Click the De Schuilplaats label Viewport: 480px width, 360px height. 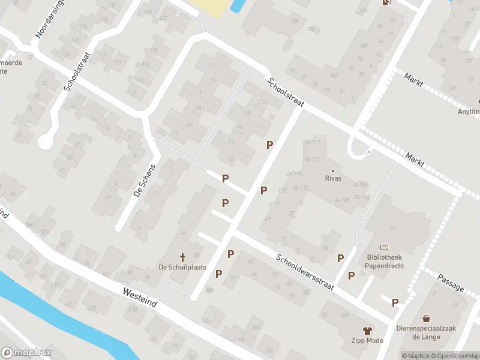(x=182, y=267)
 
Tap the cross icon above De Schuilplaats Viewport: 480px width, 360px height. (x=182, y=257)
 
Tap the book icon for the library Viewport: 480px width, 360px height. (x=385, y=247)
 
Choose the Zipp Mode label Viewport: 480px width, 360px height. (x=367, y=341)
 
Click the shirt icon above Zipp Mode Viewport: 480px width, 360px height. (x=367, y=330)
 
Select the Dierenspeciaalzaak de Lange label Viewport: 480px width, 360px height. (x=426, y=332)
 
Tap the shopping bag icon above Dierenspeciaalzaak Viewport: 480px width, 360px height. (x=426, y=318)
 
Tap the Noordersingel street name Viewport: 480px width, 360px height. (x=49, y=19)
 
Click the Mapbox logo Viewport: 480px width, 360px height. (x=26, y=353)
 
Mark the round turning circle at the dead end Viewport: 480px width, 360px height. (x=44, y=142)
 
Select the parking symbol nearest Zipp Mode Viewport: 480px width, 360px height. (x=395, y=302)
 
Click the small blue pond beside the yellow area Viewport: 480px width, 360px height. (x=236, y=7)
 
